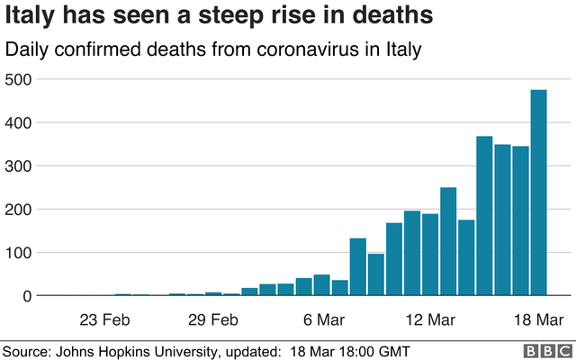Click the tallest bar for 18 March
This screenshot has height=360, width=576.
point(538,193)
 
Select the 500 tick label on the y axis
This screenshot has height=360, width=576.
point(18,79)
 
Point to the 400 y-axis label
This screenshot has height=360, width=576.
point(18,122)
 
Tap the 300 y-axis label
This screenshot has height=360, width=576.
point(18,166)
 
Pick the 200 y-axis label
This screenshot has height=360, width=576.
point(18,209)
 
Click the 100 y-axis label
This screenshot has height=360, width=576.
point(18,252)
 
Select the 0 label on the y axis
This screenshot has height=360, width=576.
point(27,295)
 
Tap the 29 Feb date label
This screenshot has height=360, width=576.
point(213,319)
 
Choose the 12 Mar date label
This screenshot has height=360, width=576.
point(430,319)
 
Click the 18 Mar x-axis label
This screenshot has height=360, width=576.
point(538,319)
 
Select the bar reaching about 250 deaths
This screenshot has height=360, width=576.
point(448,241)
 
